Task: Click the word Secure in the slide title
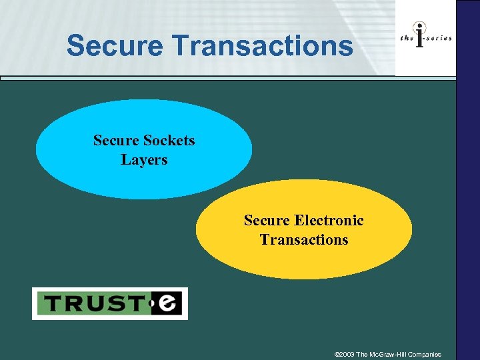point(115,45)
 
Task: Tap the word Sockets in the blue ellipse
point(169,140)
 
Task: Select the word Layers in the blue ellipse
point(144,160)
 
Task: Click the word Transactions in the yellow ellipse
point(304,239)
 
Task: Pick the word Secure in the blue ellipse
point(117,140)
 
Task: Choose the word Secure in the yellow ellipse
point(267,220)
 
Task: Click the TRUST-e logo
point(110,303)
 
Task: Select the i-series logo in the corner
point(425,37)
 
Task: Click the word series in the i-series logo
point(439,38)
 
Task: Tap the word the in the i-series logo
point(407,38)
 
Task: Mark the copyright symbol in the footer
point(337,354)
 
